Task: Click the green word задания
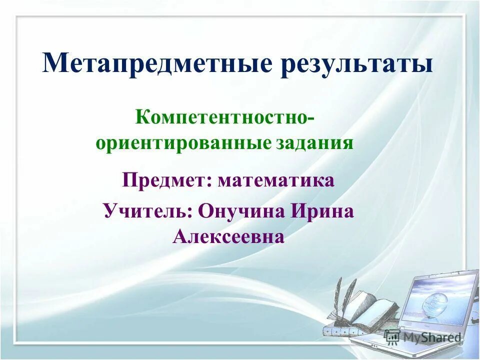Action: [x=314, y=143]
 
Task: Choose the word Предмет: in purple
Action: [x=167, y=180]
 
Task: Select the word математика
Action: [x=276, y=180]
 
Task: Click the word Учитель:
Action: [x=148, y=210]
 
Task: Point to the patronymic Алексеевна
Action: [x=228, y=236]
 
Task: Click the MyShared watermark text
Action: [x=431, y=337]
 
